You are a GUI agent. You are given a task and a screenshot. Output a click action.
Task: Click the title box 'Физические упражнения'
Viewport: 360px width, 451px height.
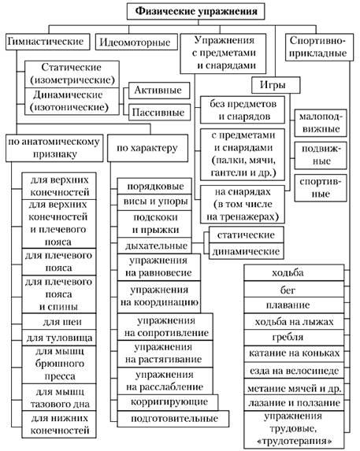195,12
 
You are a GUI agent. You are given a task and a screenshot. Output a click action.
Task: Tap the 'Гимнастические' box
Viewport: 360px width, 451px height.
47,42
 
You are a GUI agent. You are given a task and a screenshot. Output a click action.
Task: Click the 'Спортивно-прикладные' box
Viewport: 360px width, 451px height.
319,47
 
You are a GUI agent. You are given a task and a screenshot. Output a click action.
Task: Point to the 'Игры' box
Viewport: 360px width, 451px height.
276,85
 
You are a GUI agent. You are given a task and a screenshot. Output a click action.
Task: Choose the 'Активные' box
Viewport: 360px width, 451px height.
159,91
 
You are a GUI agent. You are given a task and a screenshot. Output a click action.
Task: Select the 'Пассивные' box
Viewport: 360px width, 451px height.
159,113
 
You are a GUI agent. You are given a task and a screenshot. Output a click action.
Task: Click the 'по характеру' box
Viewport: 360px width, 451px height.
147,148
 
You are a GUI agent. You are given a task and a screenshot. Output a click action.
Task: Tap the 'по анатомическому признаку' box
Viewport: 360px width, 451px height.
54,148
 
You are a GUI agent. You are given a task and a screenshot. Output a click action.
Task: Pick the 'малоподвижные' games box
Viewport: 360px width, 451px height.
321,123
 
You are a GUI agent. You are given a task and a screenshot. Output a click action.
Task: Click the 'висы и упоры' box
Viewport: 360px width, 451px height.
154,202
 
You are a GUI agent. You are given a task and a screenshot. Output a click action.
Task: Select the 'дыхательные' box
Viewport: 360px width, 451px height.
154,246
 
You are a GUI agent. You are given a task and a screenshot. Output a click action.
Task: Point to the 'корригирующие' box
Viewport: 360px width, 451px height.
168,402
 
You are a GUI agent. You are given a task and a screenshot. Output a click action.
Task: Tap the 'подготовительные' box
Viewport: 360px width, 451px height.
173,419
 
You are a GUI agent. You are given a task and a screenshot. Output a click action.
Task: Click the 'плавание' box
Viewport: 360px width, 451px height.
294,305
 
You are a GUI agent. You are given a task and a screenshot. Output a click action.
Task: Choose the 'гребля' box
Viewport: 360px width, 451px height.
294,338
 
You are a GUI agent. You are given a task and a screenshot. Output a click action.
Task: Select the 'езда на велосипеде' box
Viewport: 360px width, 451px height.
294,371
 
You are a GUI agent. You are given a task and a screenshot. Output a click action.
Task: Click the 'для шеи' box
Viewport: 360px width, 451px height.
59,321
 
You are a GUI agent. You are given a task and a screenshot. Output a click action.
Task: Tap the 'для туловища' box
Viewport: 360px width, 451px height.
59,338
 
